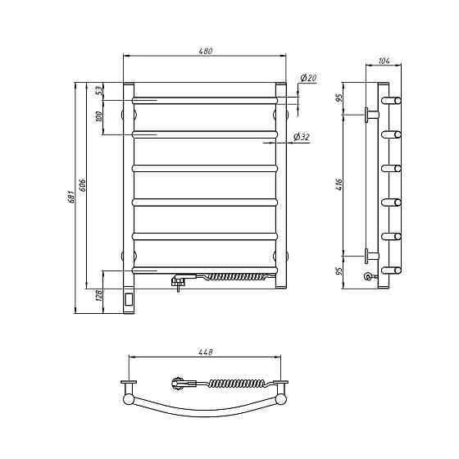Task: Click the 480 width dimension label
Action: (x=205, y=51)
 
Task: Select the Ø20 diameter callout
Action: (x=308, y=78)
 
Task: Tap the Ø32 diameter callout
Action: (x=302, y=137)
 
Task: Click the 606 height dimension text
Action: (x=83, y=184)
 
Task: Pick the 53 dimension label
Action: (x=99, y=90)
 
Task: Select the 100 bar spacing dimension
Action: (x=99, y=117)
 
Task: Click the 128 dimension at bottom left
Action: (x=99, y=296)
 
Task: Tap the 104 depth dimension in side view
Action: (x=384, y=61)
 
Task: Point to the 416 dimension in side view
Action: (x=339, y=184)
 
